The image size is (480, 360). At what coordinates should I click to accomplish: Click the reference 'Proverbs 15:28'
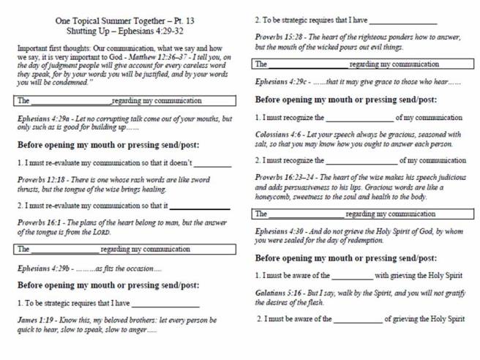[281, 37]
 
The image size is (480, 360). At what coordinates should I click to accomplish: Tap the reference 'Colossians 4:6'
[280, 134]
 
